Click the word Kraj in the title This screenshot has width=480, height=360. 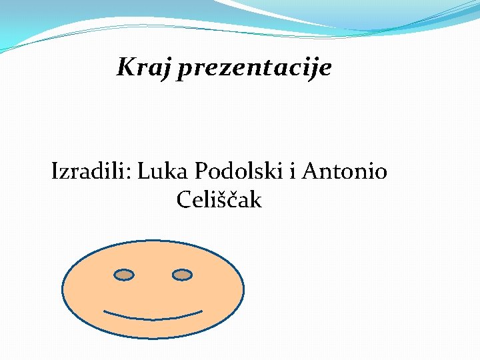[145, 67]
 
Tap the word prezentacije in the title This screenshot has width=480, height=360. [254, 68]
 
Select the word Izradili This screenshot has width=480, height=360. [91, 171]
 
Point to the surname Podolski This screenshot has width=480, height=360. [239, 171]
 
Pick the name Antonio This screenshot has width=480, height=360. [344, 171]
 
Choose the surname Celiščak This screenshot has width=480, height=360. [219, 199]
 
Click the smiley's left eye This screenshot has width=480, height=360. [124, 274]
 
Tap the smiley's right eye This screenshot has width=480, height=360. [182, 274]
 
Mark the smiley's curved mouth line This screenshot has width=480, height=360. [153, 315]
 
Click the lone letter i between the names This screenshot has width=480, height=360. [292, 171]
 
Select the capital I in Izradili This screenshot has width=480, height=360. [55, 172]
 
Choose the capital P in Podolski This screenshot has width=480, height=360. [201, 172]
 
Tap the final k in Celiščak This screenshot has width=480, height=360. [255, 199]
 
